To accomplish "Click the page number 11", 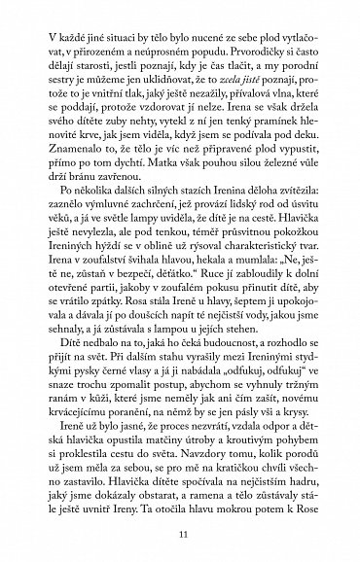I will click(x=181, y=534).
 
